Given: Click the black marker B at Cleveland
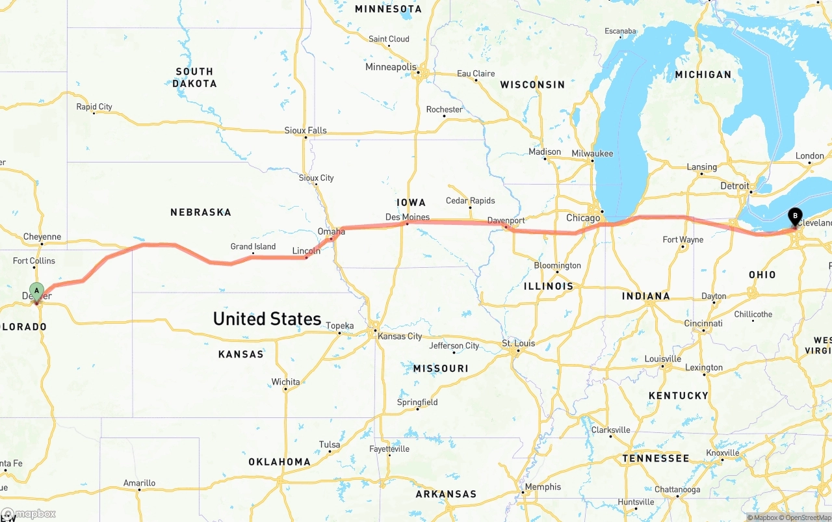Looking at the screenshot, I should click(x=794, y=216).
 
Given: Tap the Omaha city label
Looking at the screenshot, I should click(x=331, y=231).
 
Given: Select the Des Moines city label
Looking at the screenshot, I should click(x=407, y=217).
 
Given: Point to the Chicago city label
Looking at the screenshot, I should click(x=583, y=218).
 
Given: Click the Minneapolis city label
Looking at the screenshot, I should click(x=391, y=67).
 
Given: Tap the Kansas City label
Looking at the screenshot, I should click(x=400, y=336).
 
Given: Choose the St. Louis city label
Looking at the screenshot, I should click(x=518, y=343).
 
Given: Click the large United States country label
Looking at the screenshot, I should click(x=266, y=319).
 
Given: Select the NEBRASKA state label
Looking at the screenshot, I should click(x=200, y=212).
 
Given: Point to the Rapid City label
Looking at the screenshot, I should click(x=94, y=107).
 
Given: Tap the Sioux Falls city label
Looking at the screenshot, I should click(x=305, y=130).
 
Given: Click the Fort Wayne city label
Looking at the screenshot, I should click(x=682, y=240).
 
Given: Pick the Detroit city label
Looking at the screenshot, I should click(x=734, y=186).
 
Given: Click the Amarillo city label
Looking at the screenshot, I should click(x=139, y=483).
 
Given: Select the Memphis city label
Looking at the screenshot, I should click(x=543, y=487).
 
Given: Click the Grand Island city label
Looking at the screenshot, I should click(x=253, y=246).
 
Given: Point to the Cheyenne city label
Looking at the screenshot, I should click(x=42, y=237).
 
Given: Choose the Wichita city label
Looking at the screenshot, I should click(x=285, y=382).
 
